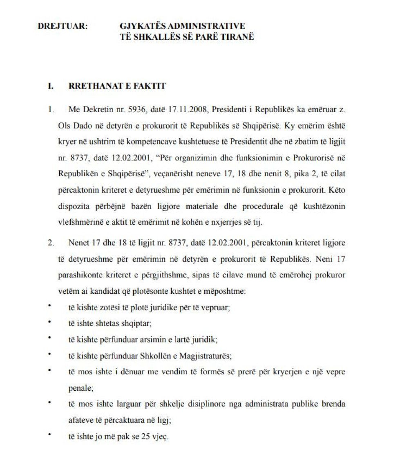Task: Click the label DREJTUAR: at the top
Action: [x=63, y=26]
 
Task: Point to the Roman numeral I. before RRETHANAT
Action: [x=51, y=86]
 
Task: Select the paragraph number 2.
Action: [x=51, y=243]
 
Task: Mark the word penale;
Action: [x=80, y=387]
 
